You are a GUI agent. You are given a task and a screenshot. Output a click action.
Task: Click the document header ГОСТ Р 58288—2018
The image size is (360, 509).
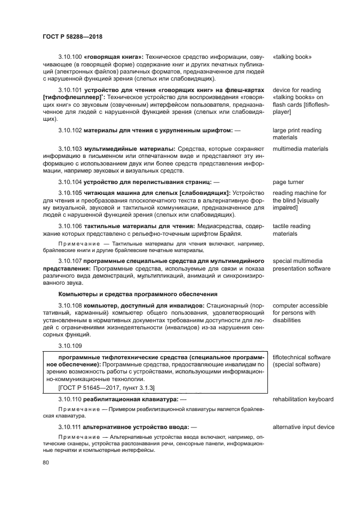(72, 36)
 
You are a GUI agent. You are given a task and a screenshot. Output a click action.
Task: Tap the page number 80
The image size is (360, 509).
(46, 463)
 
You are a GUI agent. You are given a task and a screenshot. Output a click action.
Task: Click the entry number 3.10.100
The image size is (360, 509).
(70, 56)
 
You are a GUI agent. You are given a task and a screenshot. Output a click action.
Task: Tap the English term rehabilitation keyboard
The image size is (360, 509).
(303, 399)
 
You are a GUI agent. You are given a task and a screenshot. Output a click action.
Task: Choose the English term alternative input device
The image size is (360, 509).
(303, 427)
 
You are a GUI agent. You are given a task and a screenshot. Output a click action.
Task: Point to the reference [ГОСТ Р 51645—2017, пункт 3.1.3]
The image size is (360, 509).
(106, 388)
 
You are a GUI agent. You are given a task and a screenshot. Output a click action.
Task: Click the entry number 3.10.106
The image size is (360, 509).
(70, 226)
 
